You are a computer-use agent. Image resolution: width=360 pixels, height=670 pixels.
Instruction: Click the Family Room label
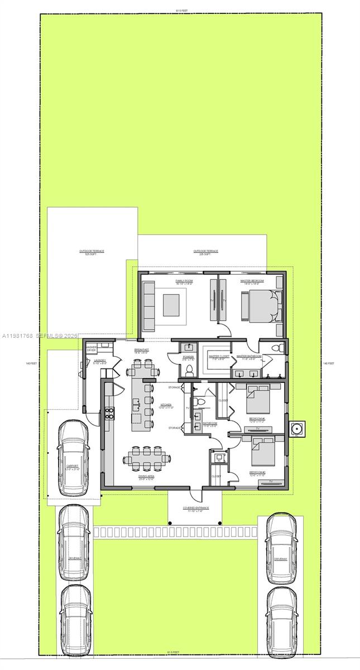184,282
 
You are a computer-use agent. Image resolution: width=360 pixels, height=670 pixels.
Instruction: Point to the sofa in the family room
148,306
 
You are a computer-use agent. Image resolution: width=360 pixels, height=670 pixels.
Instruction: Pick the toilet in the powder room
188,370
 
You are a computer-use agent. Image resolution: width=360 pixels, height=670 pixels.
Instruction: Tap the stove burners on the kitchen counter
109,413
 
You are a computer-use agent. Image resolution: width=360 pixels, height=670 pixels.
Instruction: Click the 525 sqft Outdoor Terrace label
92,252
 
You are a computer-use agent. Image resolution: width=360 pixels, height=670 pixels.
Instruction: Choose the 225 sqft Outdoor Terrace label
206,252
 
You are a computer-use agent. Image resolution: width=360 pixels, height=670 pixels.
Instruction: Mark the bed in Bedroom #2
262,451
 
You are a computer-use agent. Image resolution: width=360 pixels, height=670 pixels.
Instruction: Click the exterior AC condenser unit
295,428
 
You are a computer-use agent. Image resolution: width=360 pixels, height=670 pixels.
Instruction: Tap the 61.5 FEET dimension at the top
181,11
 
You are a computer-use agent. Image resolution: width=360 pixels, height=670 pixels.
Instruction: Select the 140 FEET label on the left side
31,363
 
